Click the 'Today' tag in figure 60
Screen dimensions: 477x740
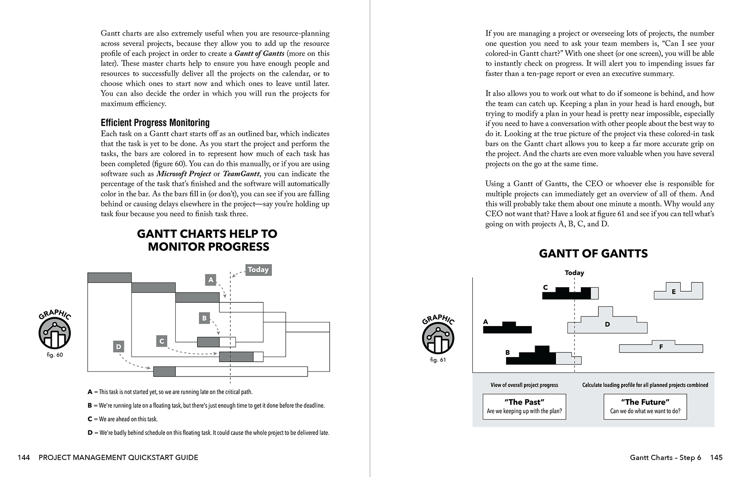(258, 270)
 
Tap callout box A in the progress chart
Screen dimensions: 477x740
(211, 280)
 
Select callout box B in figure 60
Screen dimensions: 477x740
(204, 318)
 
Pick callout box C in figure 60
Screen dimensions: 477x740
(162, 341)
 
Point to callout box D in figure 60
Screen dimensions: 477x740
(118, 346)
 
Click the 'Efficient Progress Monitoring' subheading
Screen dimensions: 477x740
(155, 123)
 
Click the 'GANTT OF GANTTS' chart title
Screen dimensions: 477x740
(593, 253)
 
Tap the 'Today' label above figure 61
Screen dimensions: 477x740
(574, 273)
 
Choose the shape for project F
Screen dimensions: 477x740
(661, 347)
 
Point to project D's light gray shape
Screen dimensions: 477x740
(607, 325)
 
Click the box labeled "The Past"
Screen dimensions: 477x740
(524, 406)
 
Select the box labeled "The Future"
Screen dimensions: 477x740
(645, 406)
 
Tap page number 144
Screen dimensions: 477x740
(24, 458)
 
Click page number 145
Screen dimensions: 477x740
(716, 458)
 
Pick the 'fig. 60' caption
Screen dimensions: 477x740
(55, 355)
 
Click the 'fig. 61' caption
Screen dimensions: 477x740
(438, 360)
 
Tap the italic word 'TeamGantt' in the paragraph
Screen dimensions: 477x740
(241, 174)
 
